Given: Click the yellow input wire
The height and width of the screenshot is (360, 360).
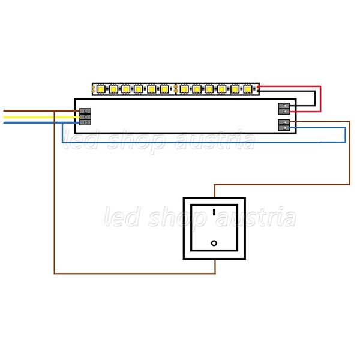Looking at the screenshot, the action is [x=41, y=118].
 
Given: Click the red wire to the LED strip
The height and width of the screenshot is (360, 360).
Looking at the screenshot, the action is [x=320, y=99].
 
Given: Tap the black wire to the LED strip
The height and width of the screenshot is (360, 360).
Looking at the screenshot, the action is [x=315, y=98].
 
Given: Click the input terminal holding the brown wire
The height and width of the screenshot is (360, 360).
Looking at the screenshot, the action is [x=85, y=111].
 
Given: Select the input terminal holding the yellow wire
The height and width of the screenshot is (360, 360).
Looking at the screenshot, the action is [x=85, y=117].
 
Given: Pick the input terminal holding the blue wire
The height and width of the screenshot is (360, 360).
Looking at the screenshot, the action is [x=85, y=122].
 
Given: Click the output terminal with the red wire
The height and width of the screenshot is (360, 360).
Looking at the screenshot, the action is [x=284, y=112].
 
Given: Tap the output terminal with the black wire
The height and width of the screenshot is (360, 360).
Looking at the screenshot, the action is [x=284, y=106].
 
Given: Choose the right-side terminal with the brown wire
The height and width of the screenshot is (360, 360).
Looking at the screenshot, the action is [x=284, y=122].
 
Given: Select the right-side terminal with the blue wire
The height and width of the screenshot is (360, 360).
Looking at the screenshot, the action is [x=284, y=128].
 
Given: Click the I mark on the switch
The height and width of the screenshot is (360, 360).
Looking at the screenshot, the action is [x=214, y=212].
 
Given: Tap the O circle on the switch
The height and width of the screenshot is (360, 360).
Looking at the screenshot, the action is [x=214, y=243].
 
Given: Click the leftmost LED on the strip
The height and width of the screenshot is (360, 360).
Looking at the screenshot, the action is [x=101, y=89].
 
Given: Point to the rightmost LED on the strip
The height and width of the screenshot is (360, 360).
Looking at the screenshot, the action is [x=247, y=89].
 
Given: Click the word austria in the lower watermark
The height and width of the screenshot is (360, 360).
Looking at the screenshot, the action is [x=255, y=217].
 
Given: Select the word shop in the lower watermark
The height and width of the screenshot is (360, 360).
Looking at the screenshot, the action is [x=177, y=218].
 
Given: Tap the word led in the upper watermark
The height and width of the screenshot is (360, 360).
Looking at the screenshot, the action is [x=81, y=139].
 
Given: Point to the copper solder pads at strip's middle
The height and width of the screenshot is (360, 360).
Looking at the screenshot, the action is [x=176, y=89].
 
